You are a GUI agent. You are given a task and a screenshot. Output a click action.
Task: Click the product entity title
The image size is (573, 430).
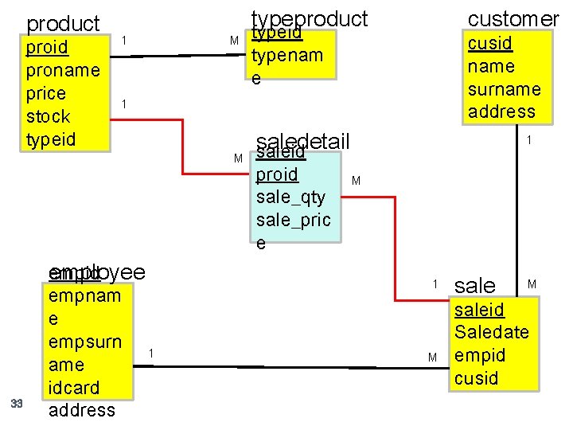pyautogui.click(x=63, y=25)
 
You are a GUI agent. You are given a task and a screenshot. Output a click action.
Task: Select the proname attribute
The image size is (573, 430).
pyautogui.click(x=63, y=70)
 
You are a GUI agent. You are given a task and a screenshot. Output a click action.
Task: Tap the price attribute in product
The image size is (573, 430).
pyautogui.click(x=46, y=93)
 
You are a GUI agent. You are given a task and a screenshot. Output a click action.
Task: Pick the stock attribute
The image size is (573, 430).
pyautogui.click(x=49, y=116)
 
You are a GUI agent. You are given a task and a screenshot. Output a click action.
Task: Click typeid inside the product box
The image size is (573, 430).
pyautogui.click(x=50, y=139)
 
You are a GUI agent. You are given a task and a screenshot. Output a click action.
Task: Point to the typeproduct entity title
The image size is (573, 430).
pyautogui.click(x=310, y=18)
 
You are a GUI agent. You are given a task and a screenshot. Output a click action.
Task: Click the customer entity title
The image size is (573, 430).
pyautogui.click(x=513, y=18)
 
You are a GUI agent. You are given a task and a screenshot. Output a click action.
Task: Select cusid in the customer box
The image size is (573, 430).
pyautogui.click(x=490, y=43)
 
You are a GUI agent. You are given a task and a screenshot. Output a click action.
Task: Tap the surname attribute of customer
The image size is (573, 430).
pyautogui.click(x=505, y=89)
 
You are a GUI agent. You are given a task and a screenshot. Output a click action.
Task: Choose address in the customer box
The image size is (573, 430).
pyautogui.click(x=501, y=111)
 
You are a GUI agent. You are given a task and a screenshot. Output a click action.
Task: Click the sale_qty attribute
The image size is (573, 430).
pyautogui.click(x=291, y=197)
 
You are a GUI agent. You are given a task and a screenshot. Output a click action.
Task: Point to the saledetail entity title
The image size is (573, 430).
pyautogui.click(x=304, y=142)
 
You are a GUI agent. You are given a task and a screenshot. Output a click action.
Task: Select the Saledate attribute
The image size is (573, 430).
pyautogui.click(x=491, y=332)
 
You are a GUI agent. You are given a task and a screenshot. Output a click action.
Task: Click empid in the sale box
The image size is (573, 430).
pyautogui.click(x=479, y=355)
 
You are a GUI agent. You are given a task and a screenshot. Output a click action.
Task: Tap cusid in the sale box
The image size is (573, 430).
pyautogui.click(x=476, y=377)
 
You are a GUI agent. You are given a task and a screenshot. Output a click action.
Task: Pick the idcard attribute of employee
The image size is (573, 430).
pyautogui.click(x=74, y=387)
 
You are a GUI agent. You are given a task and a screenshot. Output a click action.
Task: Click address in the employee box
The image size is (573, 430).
pyautogui.click(x=82, y=410)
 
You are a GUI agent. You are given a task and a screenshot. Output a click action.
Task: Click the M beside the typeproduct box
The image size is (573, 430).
pyautogui.click(x=234, y=41)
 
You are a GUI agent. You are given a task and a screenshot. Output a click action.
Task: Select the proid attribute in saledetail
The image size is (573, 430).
pyautogui.click(x=277, y=174)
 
